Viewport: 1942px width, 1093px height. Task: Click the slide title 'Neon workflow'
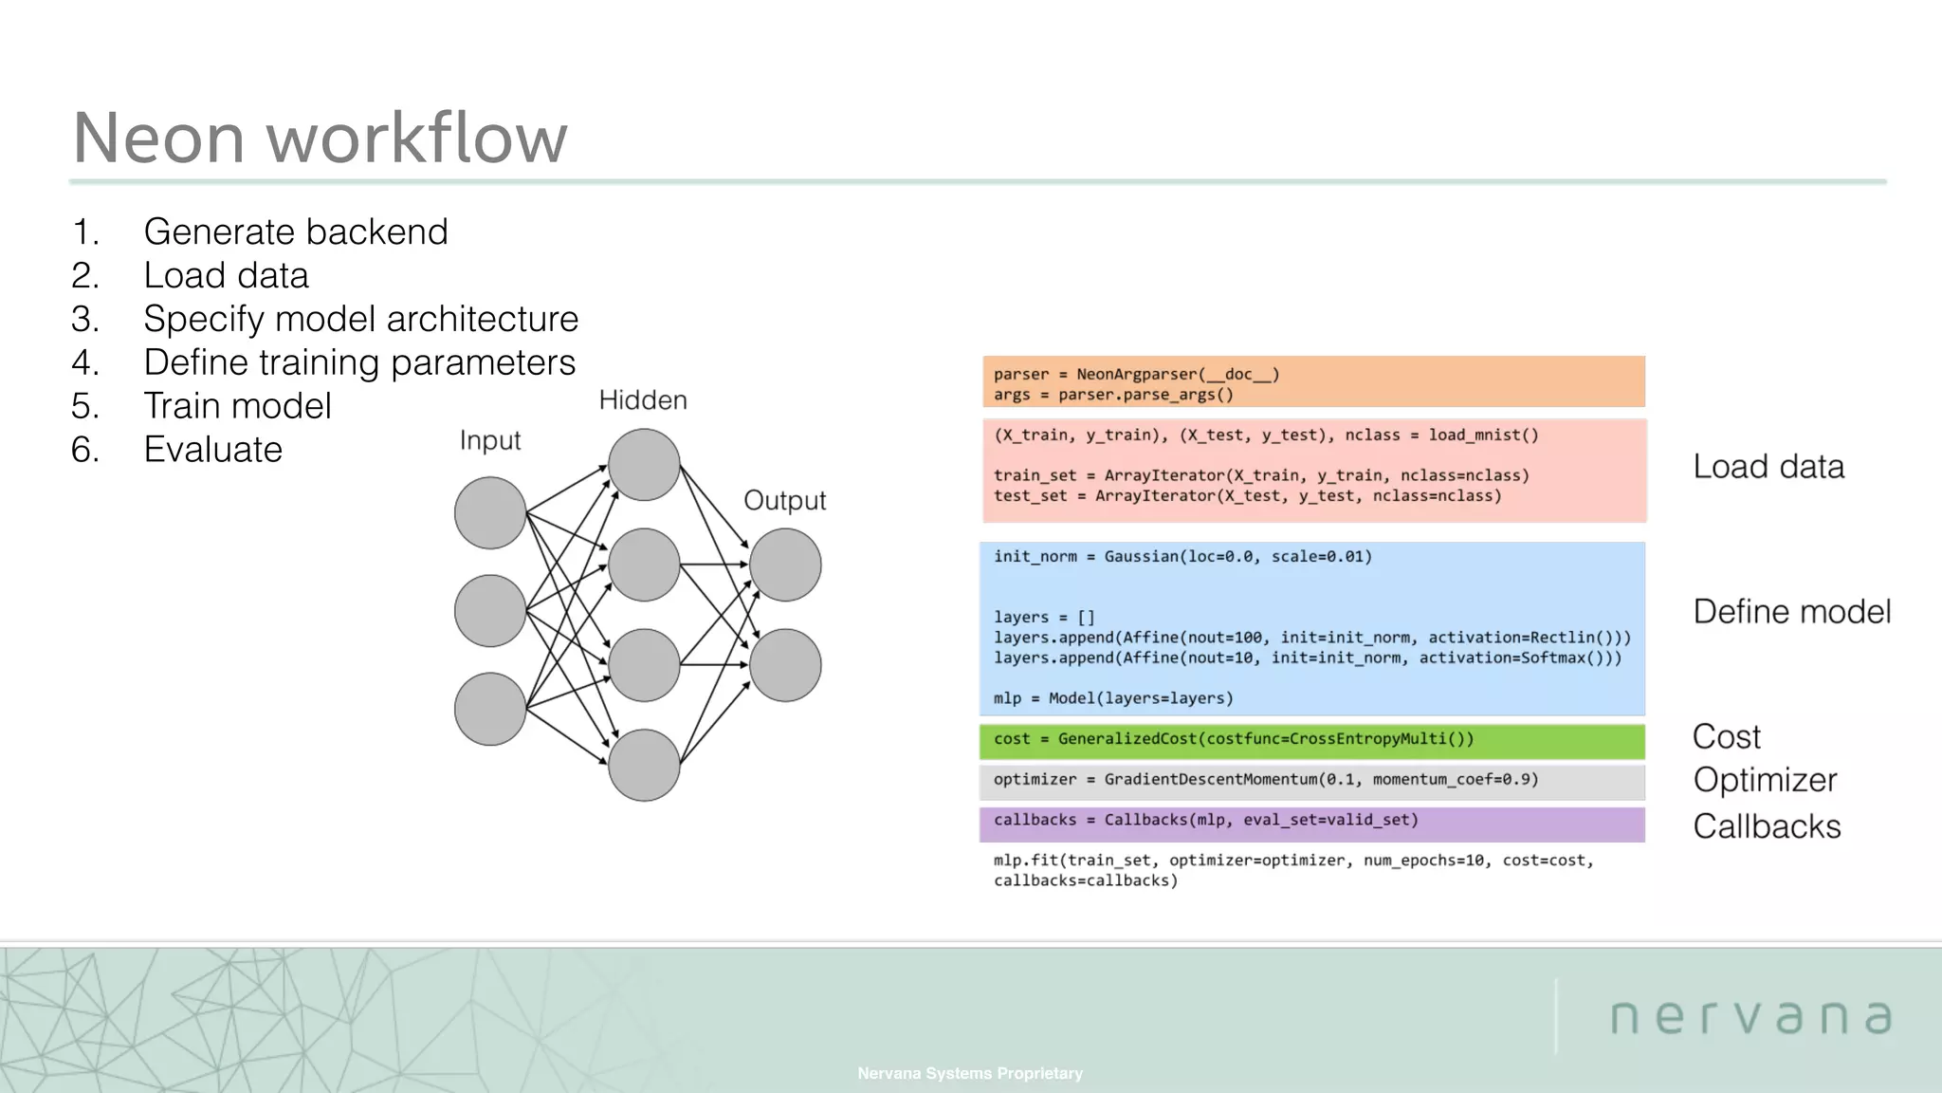point(320,138)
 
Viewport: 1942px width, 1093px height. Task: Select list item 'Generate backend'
point(295,232)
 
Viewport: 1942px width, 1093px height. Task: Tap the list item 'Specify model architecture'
point(360,319)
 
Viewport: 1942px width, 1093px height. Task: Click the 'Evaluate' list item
point(212,449)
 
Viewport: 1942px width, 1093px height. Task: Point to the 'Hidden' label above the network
point(642,400)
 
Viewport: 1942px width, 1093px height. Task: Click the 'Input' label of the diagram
point(489,440)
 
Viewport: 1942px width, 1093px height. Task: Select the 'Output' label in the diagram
point(784,500)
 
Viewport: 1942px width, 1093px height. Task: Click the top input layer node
point(490,513)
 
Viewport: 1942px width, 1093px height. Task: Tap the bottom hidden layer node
point(644,765)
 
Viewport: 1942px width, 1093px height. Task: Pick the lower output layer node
point(785,665)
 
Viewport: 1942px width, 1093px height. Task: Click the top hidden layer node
point(644,465)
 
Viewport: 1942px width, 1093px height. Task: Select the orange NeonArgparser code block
point(1313,382)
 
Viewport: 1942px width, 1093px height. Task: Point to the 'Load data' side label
point(1768,467)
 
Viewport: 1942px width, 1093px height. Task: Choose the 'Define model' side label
point(1791,612)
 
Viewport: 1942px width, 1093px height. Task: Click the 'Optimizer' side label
point(1765,780)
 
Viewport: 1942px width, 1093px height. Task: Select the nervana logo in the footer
point(1750,1017)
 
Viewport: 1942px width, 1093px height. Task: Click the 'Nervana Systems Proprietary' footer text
point(969,1073)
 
